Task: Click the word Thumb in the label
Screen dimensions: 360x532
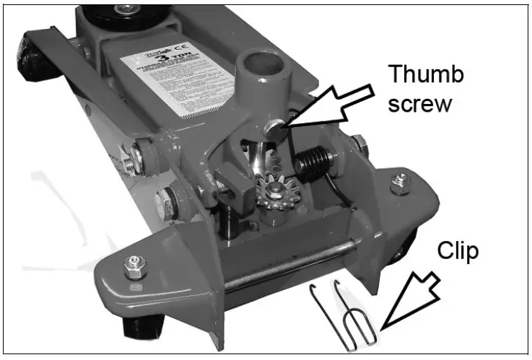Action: (426, 74)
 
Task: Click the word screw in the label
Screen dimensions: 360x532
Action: (420, 103)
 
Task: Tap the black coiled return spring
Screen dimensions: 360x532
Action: (313, 162)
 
